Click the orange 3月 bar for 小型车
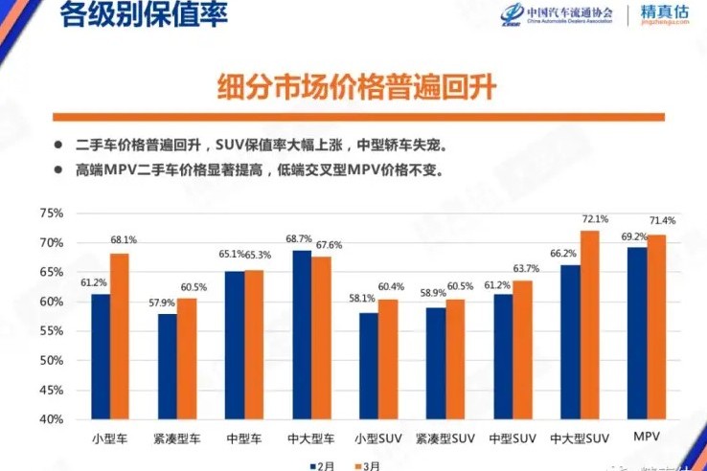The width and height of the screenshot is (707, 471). [120, 336]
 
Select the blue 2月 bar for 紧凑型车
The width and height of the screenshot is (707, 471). [168, 367]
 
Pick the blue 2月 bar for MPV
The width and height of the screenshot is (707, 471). [636, 333]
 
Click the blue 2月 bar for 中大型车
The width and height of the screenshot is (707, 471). [302, 335]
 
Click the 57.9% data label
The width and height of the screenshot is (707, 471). [159, 303]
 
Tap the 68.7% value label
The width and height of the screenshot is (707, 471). [301, 239]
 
